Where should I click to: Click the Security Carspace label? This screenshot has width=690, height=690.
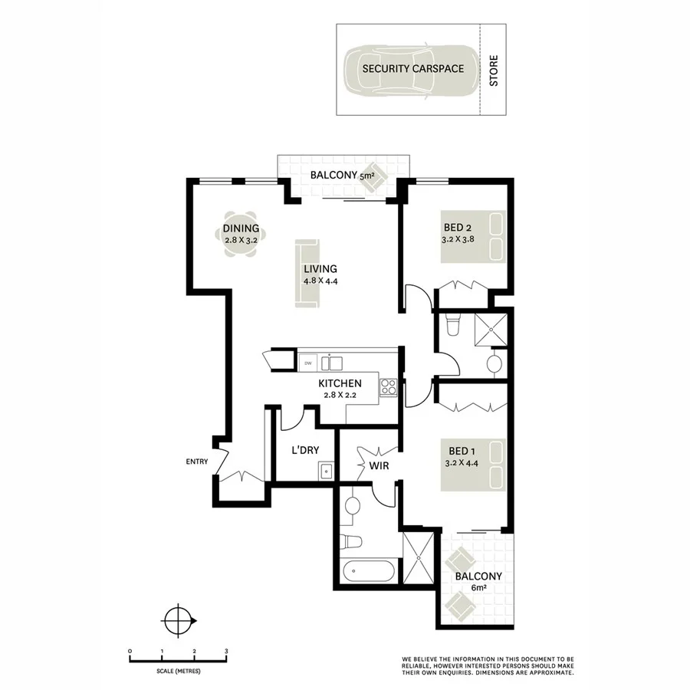click(x=413, y=68)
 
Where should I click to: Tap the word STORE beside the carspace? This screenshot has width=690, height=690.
click(x=494, y=70)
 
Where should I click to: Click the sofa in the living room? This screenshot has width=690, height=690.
click(x=307, y=274)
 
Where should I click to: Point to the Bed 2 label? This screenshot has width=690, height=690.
click(x=457, y=227)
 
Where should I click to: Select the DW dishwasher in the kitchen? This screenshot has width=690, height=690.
click(x=308, y=363)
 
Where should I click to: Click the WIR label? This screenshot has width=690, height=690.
click(x=376, y=465)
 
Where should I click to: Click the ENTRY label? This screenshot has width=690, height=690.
click(x=197, y=461)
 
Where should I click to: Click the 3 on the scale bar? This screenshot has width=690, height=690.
click(x=226, y=651)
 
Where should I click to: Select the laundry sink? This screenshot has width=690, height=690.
click(x=326, y=470)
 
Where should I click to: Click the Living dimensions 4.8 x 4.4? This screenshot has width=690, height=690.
click(x=320, y=281)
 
